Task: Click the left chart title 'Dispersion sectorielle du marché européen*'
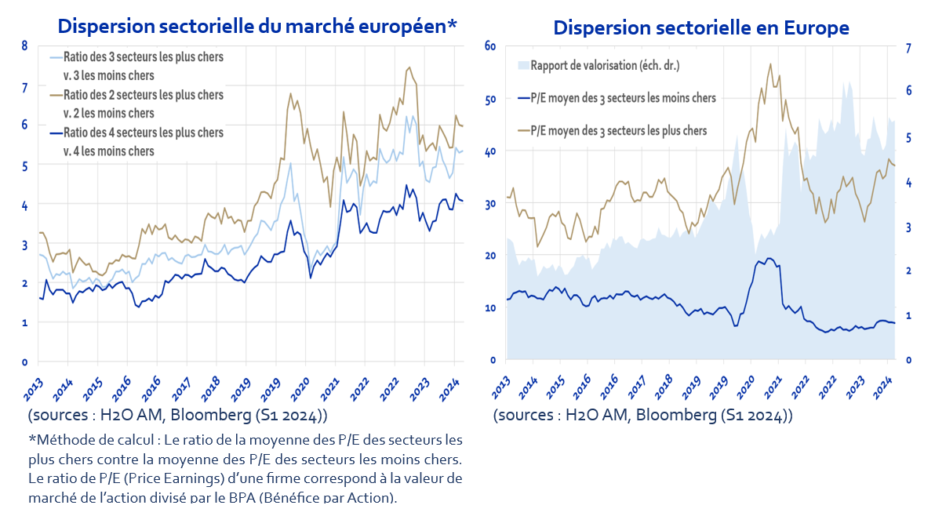pos(256,26)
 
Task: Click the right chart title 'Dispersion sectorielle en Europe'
pos(701,27)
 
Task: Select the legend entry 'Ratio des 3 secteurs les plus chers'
pos(143,57)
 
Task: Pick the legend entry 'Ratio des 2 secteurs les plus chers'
pos(143,95)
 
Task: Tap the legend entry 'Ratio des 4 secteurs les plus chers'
pos(143,133)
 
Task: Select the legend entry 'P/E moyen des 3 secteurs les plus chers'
pos(618,130)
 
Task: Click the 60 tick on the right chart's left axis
pos(490,45)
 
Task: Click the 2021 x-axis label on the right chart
pos(774,387)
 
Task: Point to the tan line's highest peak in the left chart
pos(409,67)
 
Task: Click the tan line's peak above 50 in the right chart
pos(770,64)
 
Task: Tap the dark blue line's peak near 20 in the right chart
pos(769,258)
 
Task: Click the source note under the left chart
pos(177,414)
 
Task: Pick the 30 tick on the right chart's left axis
pos(490,204)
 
